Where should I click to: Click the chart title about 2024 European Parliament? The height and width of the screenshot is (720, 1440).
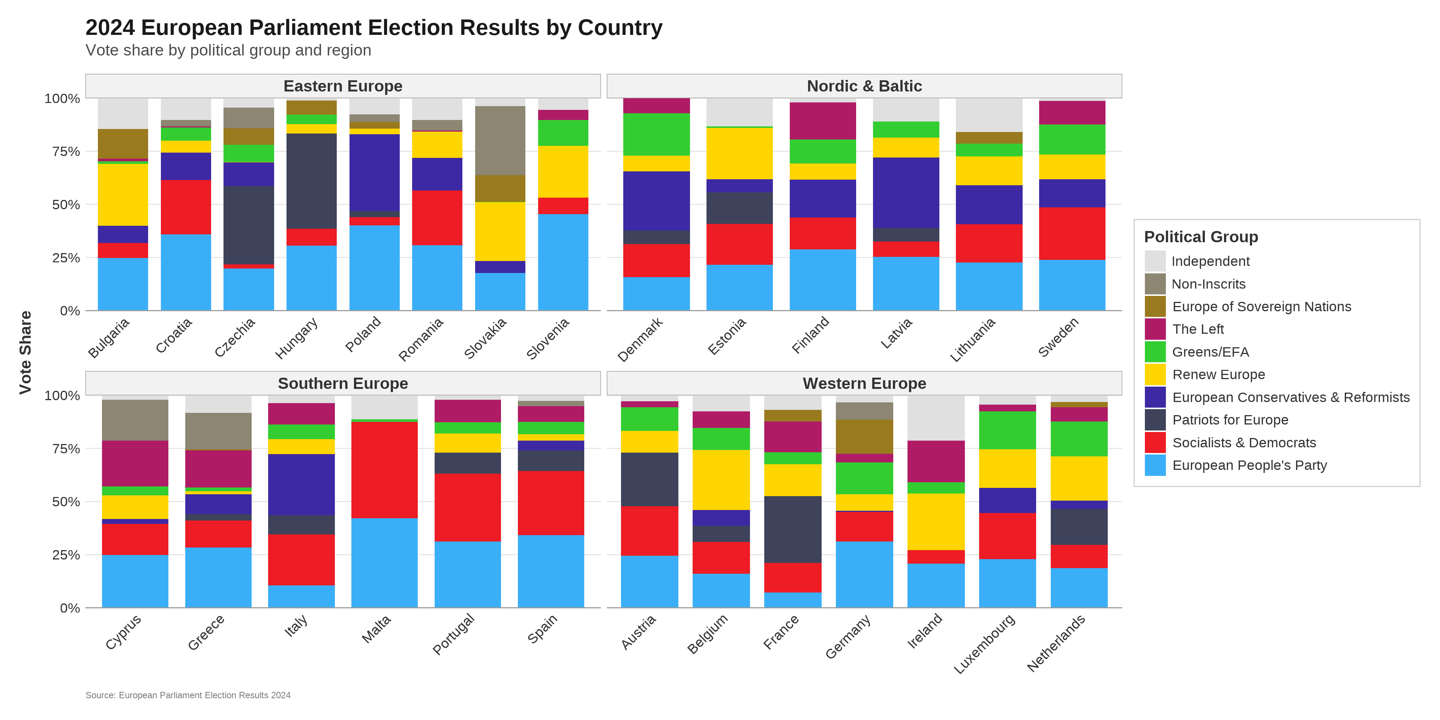(373, 27)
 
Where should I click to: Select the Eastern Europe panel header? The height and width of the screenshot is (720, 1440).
(343, 86)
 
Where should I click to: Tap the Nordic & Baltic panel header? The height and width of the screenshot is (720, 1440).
(864, 86)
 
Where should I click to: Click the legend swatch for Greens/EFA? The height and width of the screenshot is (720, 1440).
(1155, 352)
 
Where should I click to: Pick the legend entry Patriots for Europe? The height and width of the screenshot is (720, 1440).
(1230, 420)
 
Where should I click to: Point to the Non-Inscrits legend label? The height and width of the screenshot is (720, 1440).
(1208, 284)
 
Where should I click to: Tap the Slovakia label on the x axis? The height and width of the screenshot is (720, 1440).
(486, 338)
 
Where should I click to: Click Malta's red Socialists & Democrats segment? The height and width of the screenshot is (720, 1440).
(384, 469)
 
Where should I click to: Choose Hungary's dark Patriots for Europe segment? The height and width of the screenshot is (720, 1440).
(311, 180)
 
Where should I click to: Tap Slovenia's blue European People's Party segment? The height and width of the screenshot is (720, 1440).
(563, 262)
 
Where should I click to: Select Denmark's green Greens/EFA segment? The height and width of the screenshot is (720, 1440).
(656, 134)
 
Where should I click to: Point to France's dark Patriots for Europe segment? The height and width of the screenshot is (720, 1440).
(793, 529)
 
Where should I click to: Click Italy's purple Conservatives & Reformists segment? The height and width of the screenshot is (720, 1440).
(301, 484)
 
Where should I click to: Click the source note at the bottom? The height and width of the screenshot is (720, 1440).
(188, 695)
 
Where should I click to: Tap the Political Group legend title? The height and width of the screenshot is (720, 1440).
(1201, 237)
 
